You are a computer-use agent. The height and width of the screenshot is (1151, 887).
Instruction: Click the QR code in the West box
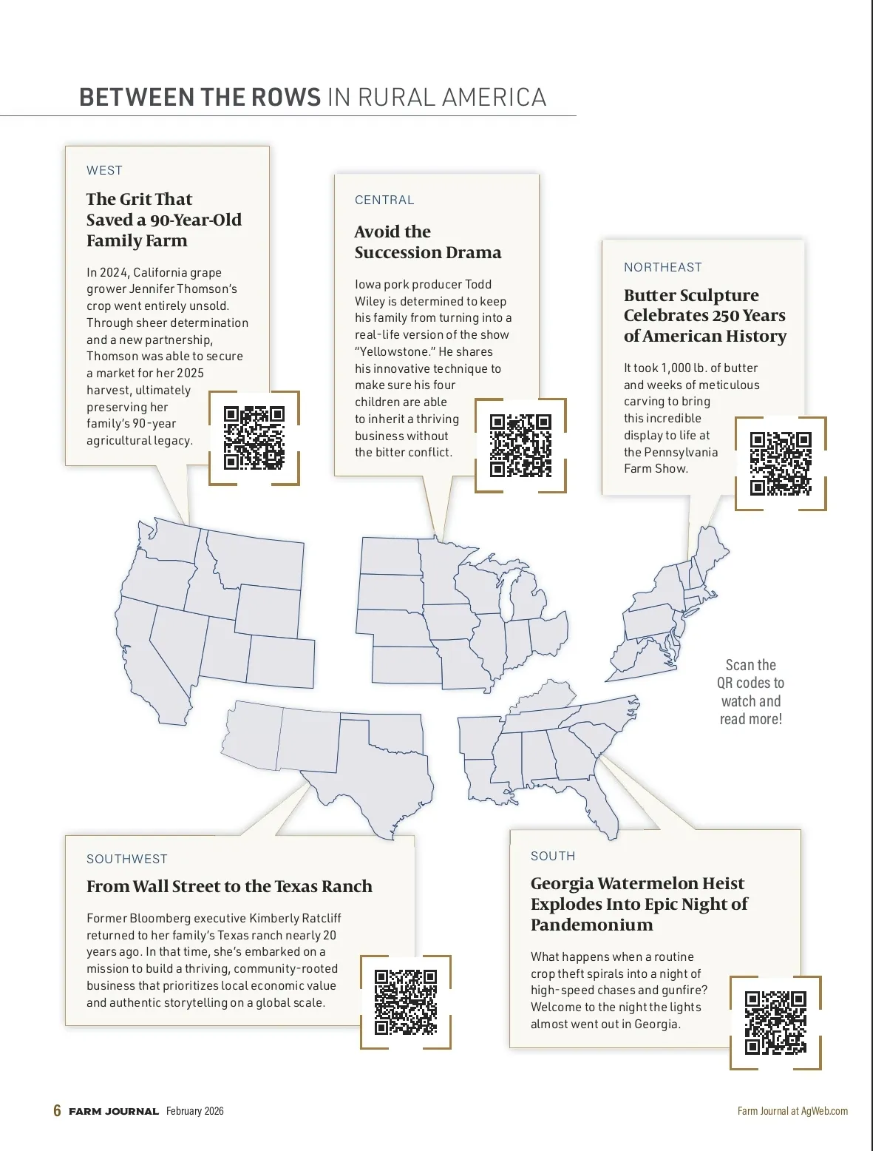(254, 438)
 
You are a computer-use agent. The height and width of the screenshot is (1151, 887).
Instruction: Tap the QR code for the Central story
(520, 445)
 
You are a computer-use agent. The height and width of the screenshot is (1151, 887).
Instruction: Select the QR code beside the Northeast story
(781, 464)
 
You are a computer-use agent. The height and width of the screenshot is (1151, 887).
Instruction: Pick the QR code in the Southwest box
(405, 1002)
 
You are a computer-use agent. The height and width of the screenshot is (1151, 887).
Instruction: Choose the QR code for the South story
(775, 1022)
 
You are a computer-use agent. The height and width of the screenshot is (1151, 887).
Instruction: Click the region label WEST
(104, 170)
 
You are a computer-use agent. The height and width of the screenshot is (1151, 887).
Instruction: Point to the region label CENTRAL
(384, 200)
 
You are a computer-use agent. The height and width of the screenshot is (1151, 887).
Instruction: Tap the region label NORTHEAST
(662, 267)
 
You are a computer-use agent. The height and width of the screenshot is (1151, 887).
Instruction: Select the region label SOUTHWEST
(127, 859)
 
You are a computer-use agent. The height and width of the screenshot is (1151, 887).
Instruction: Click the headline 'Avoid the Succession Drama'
(427, 242)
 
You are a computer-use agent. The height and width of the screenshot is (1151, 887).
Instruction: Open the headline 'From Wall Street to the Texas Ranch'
(229, 886)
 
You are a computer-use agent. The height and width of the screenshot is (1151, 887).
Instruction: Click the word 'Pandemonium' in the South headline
(591, 925)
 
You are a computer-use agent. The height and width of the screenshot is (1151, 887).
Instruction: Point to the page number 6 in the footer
(57, 1110)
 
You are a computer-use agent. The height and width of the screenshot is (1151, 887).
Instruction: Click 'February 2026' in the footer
(194, 1111)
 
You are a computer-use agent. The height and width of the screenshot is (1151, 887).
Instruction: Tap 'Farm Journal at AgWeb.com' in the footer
(792, 1111)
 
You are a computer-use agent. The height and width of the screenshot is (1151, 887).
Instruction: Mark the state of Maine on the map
(711, 551)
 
